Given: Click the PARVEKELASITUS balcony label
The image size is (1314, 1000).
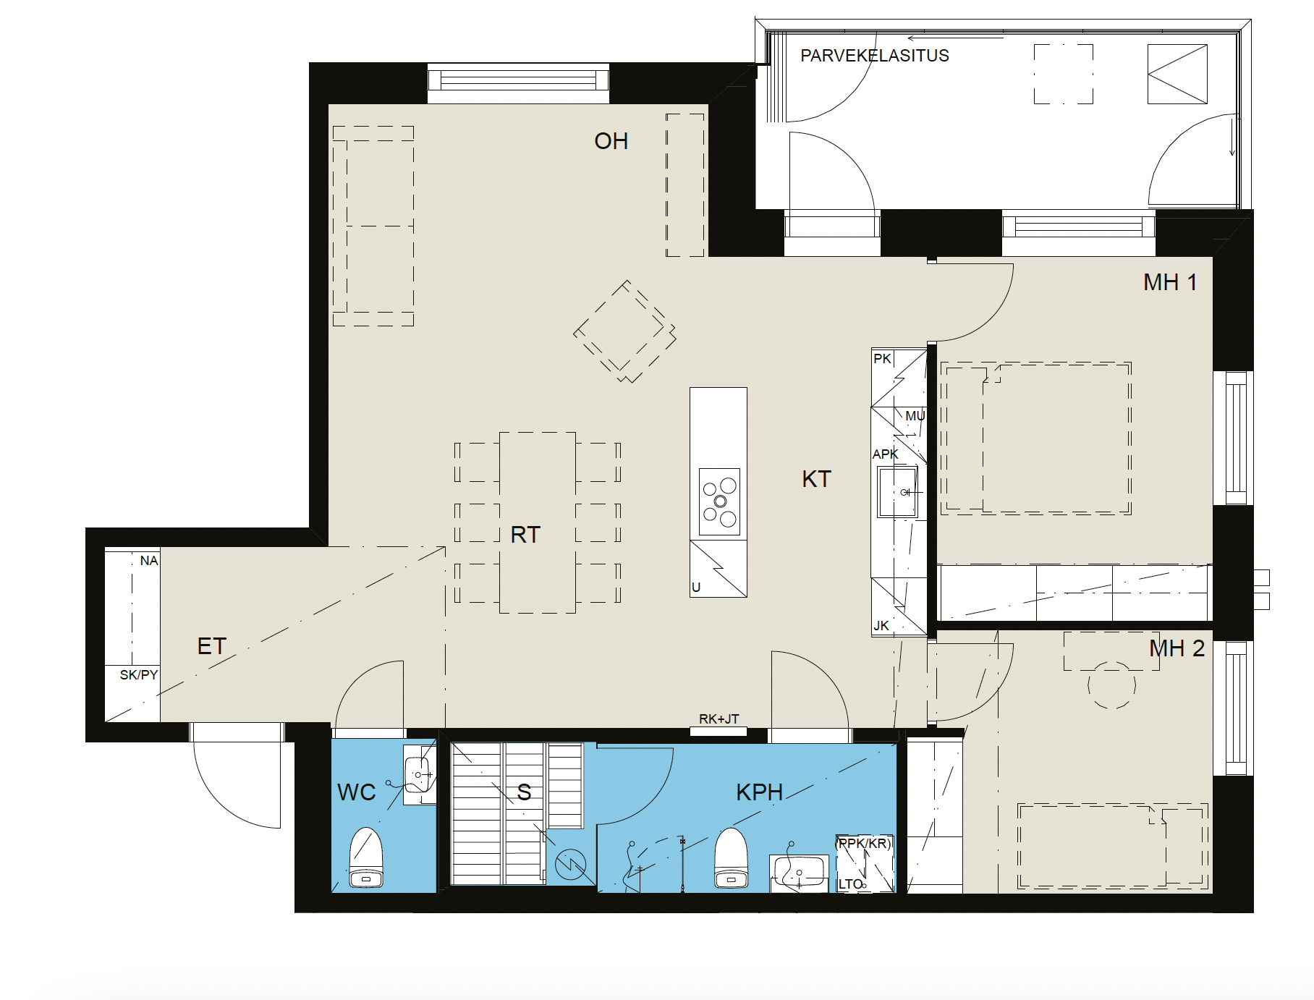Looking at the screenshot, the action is [874, 56].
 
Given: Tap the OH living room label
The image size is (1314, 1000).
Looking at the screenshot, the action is [611, 141].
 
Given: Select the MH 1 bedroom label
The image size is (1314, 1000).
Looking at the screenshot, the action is [1170, 282].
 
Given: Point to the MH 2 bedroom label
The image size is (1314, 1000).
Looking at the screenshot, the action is [1177, 648].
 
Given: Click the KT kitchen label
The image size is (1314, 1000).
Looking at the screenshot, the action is [816, 479].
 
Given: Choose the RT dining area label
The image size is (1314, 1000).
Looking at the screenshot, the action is [525, 535].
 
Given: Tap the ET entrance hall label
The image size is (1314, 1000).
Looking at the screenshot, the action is [211, 646].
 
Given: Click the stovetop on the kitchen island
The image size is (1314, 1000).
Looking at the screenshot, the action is [719, 501].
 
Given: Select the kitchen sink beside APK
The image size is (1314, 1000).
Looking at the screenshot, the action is [897, 492].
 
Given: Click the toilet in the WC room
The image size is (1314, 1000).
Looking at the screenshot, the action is [366, 858].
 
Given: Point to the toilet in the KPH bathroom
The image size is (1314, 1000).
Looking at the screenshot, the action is [731, 858].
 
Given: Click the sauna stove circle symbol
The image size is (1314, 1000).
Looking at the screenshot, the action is [570, 864].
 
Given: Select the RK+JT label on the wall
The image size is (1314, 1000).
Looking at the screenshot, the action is [719, 719].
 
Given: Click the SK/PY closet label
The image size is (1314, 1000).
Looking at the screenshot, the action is [139, 675].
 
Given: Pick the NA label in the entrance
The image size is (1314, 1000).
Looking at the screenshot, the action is [149, 561].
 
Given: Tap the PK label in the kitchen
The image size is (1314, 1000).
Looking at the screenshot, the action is [882, 359].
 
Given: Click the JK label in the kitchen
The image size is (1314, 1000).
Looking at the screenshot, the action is [881, 626].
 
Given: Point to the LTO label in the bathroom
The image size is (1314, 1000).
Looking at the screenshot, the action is [850, 884].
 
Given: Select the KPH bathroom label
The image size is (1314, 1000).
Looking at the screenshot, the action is [759, 792].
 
